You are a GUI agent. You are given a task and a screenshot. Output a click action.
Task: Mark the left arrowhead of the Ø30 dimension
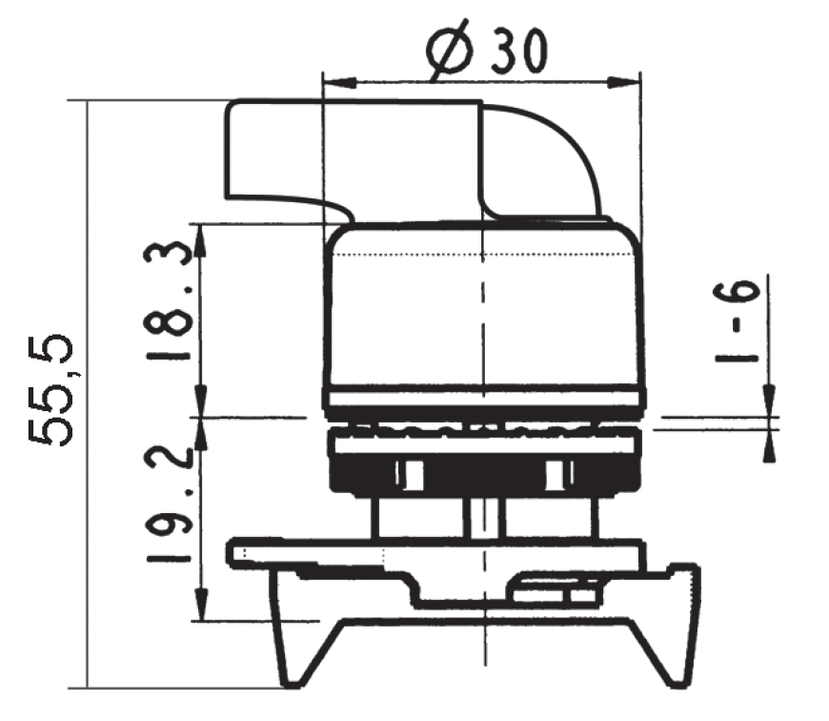[x=336, y=83]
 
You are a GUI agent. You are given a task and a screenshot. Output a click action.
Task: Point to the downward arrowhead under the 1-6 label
[x=769, y=400]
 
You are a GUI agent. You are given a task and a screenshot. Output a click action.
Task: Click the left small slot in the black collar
[x=411, y=472]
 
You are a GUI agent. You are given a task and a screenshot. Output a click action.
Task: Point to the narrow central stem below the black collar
[x=484, y=516]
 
